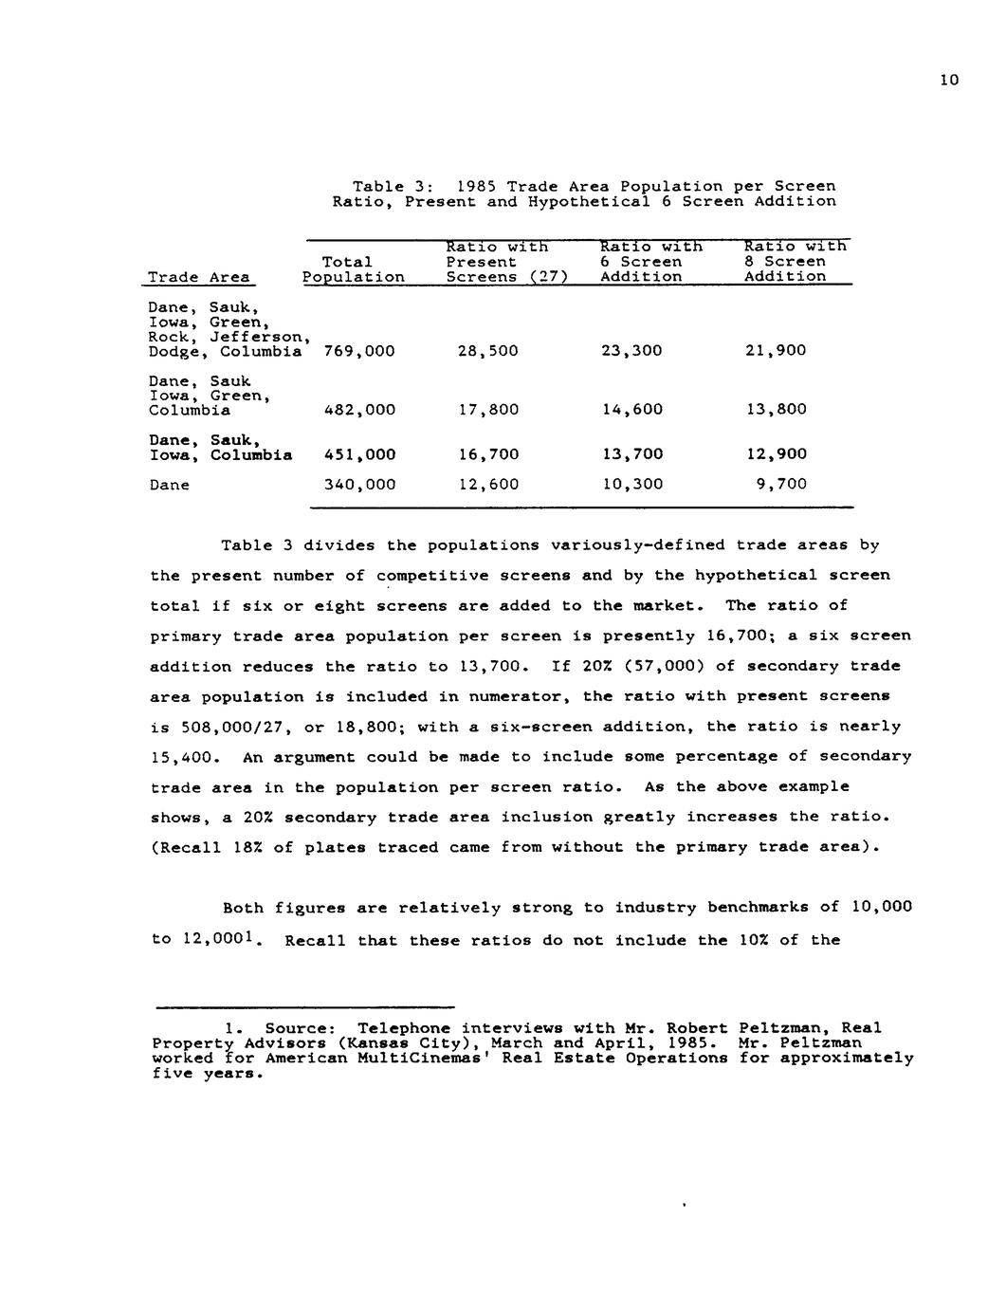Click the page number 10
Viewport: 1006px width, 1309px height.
tap(949, 80)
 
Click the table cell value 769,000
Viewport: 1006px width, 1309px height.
tap(359, 351)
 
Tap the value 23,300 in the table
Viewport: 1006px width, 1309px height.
tap(631, 351)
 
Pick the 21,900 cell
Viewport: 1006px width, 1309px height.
tap(776, 351)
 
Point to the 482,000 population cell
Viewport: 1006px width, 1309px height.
tap(359, 410)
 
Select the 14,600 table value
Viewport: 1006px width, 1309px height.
tap(631, 410)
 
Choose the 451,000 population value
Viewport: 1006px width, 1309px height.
tap(359, 454)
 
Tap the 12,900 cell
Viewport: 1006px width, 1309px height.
tap(776, 454)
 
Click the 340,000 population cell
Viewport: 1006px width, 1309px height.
tap(359, 485)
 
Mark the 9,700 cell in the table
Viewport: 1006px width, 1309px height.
tap(781, 485)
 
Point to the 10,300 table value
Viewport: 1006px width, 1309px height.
tap(631, 485)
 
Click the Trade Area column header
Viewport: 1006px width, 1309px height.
tap(199, 277)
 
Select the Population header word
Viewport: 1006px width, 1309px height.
tap(353, 277)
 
